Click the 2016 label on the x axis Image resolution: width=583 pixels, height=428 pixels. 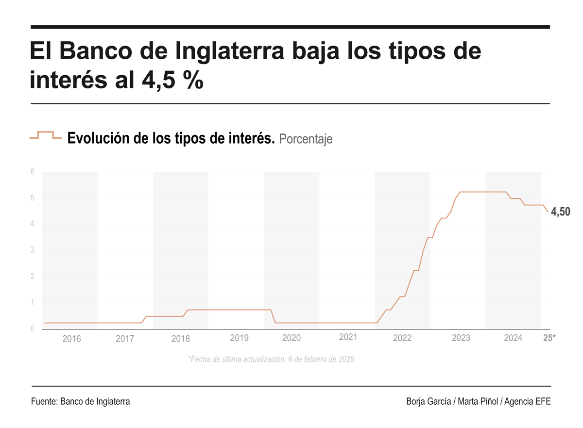coord(72,339)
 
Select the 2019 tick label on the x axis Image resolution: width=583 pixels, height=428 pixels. coord(239,338)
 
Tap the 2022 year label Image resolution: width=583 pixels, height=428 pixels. coord(402,338)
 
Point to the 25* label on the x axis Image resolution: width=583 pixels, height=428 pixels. coord(549,338)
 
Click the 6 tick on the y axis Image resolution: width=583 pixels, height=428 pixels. coord(33,172)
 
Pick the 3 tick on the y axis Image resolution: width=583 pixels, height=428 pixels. coord(33,250)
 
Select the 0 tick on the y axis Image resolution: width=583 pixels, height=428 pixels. coord(33,329)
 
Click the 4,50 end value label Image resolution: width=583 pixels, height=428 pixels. coord(561,212)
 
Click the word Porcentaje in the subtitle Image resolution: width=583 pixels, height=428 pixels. coord(306,139)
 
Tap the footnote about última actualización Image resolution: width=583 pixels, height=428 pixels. coord(271,360)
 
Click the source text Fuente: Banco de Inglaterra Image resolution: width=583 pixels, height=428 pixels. coord(80,402)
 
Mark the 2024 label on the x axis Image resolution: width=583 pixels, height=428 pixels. coord(513,338)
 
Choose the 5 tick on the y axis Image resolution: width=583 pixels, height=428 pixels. coord(33,198)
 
